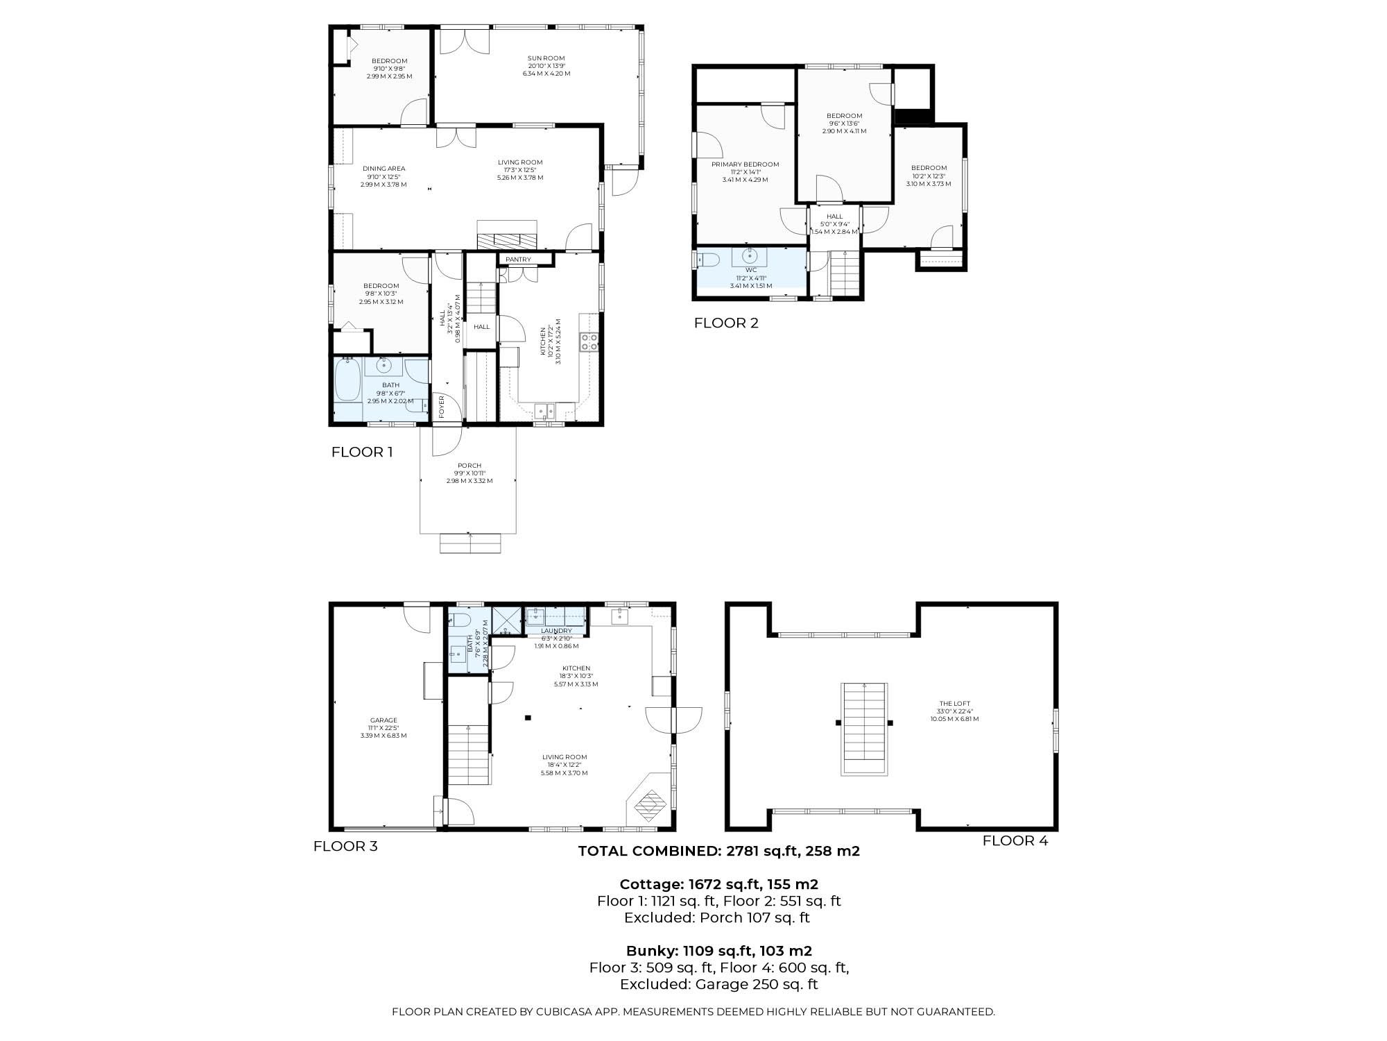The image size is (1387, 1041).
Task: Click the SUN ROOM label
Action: (546, 58)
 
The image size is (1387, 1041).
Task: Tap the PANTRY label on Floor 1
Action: (518, 260)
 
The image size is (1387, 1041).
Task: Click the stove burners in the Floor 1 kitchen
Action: (589, 341)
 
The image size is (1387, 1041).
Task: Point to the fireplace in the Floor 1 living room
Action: (507, 235)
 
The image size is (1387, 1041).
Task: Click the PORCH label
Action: (469, 466)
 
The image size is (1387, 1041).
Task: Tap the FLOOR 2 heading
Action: (726, 323)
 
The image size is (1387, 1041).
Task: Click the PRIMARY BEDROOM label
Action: (746, 164)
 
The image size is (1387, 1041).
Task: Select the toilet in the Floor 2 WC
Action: (706, 260)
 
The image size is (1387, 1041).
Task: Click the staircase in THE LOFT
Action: (864, 729)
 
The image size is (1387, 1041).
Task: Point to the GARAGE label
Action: (384, 720)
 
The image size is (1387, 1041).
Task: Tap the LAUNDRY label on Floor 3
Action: (556, 631)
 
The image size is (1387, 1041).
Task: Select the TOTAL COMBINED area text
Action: (719, 851)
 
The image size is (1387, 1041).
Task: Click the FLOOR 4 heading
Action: (1015, 841)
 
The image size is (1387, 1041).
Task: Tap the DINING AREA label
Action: (384, 169)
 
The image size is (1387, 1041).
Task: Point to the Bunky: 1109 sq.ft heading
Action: (719, 951)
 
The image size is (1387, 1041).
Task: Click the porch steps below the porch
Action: (470, 543)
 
